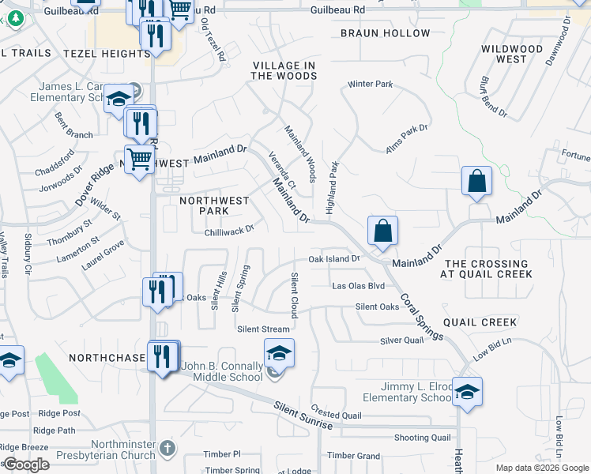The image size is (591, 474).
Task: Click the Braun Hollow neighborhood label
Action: coord(386,33)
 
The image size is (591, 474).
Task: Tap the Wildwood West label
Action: coord(513,54)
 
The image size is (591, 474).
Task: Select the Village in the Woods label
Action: coord(284,70)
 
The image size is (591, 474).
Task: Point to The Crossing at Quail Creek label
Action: coord(486,269)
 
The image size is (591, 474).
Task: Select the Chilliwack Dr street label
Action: coord(228,230)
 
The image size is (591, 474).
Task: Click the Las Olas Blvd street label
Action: coord(358,286)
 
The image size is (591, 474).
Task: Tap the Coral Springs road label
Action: coord(421,317)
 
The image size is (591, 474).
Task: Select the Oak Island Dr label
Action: coord(333,258)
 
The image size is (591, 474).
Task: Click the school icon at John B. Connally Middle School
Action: coord(279,352)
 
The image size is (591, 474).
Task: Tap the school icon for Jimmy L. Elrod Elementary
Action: coord(468,390)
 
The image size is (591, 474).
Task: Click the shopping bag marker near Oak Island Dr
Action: coord(382,231)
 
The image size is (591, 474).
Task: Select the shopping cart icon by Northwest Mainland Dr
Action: coord(140,159)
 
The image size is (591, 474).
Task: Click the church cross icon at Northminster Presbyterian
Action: coord(166,448)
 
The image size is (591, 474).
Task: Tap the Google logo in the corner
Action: coord(25,465)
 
